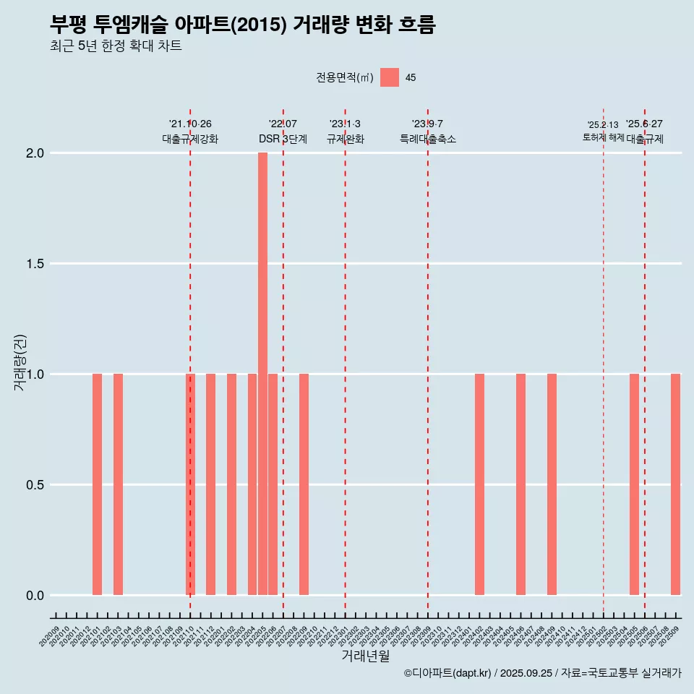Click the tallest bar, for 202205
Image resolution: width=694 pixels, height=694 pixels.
pyautogui.click(x=262, y=374)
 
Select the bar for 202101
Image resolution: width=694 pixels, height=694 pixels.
pyautogui.click(x=97, y=484)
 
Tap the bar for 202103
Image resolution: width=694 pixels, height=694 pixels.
pyautogui.click(x=118, y=484)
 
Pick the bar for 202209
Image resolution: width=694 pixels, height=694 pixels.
pyautogui.click(x=304, y=484)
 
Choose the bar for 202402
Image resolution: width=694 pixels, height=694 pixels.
pyautogui.click(x=479, y=484)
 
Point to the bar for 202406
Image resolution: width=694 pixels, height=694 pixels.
pyautogui.click(x=520, y=484)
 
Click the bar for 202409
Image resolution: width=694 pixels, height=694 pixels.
pyautogui.click(x=552, y=484)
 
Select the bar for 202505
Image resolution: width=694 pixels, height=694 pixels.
pyautogui.click(x=634, y=484)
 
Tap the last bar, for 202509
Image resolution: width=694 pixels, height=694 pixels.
pyautogui.click(x=675, y=484)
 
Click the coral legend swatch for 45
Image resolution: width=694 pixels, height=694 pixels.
pyautogui.click(x=390, y=77)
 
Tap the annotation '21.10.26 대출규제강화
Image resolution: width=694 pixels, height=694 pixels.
pyautogui.click(x=190, y=132)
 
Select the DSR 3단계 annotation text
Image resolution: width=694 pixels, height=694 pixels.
pyautogui.click(x=283, y=139)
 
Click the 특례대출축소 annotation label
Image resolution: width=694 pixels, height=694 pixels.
pyautogui.click(x=428, y=139)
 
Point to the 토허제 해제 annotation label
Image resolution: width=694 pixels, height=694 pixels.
pyautogui.click(x=603, y=137)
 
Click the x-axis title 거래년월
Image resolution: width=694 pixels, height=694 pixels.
pyautogui.click(x=365, y=656)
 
